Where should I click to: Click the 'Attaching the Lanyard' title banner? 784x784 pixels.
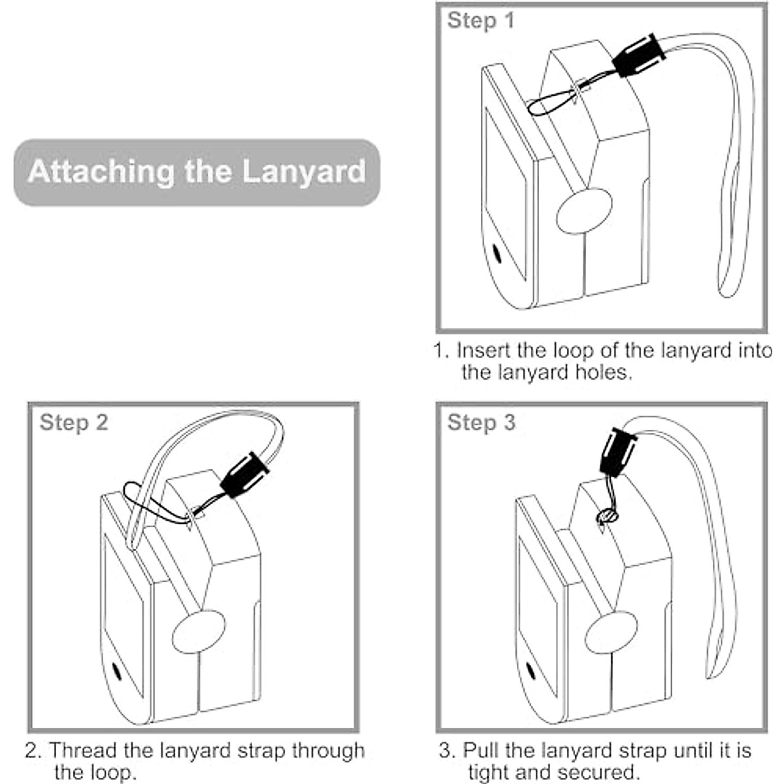(196, 172)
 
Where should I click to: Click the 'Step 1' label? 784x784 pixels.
(481, 20)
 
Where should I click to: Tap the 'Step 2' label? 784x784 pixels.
(73, 422)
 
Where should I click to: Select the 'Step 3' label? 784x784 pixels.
(481, 422)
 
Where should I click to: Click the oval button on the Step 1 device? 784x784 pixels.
(585, 211)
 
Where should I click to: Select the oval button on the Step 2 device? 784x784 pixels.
(198, 632)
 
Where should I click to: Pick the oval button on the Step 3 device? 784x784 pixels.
(611, 632)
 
